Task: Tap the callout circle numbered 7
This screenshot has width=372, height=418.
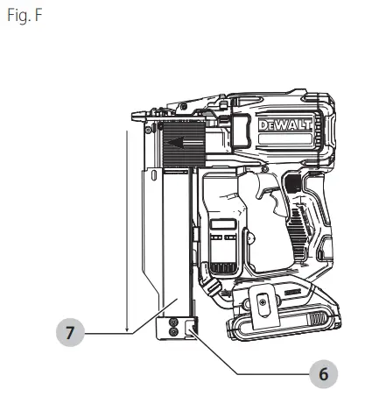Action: coord(69,334)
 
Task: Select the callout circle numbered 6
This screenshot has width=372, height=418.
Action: coord(322,373)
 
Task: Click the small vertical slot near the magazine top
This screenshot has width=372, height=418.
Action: coord(155,179)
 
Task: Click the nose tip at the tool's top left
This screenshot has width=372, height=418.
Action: coord(138,115)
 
